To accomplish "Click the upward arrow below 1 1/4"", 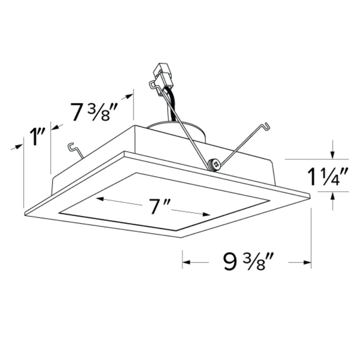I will pyautogui.click(x=333, y=196).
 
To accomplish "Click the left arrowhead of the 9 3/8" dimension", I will pyautogui.click(x=186, y=262).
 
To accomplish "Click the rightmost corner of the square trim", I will pyautogui.click(x=310, y=195).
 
